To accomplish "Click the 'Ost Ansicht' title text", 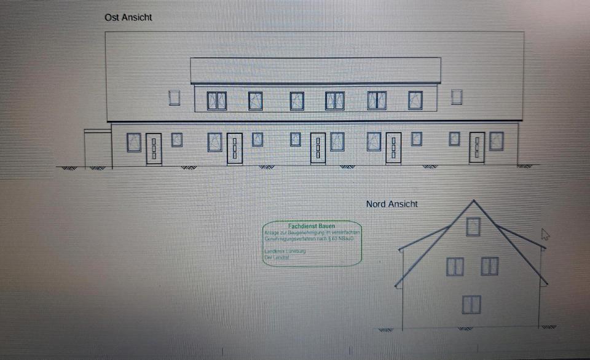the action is tap(128, 18).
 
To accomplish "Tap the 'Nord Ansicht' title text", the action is tap(391, 204).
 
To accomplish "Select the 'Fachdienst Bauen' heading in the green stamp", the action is tap(312, 226).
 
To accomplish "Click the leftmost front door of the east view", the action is tap(154, 148).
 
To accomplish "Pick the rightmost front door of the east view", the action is tap(477, 147).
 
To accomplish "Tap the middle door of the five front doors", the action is tap(318, 148).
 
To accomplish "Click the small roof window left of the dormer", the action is tap(175, 97).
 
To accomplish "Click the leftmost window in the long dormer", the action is tap(216, 101).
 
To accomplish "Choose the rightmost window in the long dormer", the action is tap(415, 100).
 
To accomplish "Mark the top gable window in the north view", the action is tap(473, 227).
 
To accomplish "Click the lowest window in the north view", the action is tap(471, 304).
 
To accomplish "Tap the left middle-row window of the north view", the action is tap(455, 267).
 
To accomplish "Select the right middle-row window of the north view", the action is tap(490, 266).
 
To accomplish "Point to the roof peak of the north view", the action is tap(473, 200).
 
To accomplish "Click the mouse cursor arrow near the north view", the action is tap(545, 235).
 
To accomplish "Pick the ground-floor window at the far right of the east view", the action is tap(496, 141).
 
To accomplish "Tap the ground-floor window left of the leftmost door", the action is tap(134, 143).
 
